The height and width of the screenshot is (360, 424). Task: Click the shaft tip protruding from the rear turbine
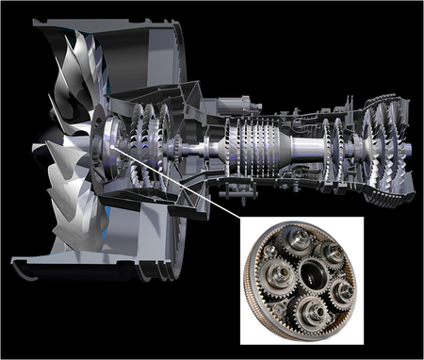coord(416,155)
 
